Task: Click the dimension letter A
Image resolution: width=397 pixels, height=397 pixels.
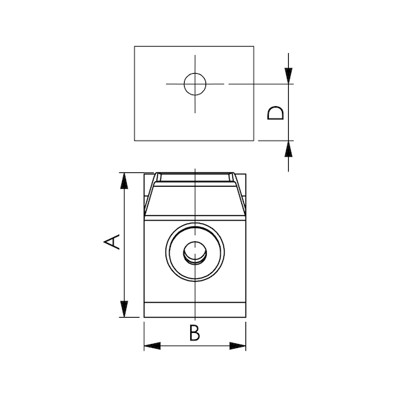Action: point(112,242)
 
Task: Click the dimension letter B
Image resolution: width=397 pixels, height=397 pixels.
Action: point(194,332)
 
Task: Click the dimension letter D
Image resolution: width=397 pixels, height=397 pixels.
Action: point(275,113)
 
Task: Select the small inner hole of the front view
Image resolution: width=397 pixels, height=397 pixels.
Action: point(195,252)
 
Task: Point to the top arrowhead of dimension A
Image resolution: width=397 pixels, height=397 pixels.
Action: point(124,181)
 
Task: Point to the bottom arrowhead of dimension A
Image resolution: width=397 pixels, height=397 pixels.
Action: point(124,309)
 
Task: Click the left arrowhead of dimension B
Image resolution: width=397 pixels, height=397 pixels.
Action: point(152,346)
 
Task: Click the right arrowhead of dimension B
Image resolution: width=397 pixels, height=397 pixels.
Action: point(238,346)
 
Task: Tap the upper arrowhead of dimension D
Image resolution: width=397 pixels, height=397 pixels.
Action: point(288,76)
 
